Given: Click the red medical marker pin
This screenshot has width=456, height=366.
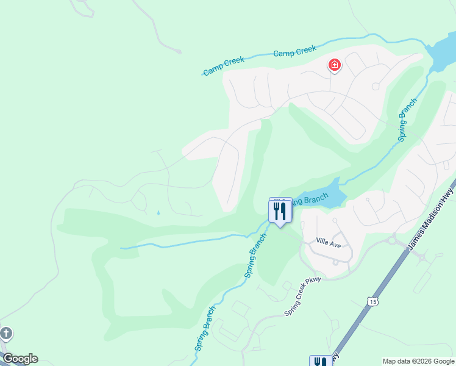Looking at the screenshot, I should pyautogui.click(x=334, y=65).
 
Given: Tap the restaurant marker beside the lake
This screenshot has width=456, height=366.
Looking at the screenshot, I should pyautogui.click(x=280, y=211).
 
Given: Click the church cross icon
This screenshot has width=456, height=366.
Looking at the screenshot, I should pyautogui.click(x=5, y=334).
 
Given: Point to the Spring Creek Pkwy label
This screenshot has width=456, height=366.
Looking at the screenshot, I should pyautogui.click(x=302, y=297).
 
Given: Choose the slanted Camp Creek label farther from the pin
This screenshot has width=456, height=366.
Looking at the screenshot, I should pyautogui.click(x=224, y=66).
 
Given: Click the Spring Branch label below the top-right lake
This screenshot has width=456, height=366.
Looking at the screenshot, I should pyautogui.click(x=408, y=120).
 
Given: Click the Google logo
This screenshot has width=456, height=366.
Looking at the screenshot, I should pyautogui.click(x=20, y=359).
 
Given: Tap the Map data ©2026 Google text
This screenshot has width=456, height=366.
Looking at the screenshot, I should pyautogui.click(x=418, y=361).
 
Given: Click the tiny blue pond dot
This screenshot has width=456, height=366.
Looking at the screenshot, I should pyautogui.click(x=158, y=213).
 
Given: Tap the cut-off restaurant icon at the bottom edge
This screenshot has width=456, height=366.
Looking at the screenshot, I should pyautogui.click(x=321, y=361).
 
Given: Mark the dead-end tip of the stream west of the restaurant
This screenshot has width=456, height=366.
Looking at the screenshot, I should pyautogui.click(x=121, y=248).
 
